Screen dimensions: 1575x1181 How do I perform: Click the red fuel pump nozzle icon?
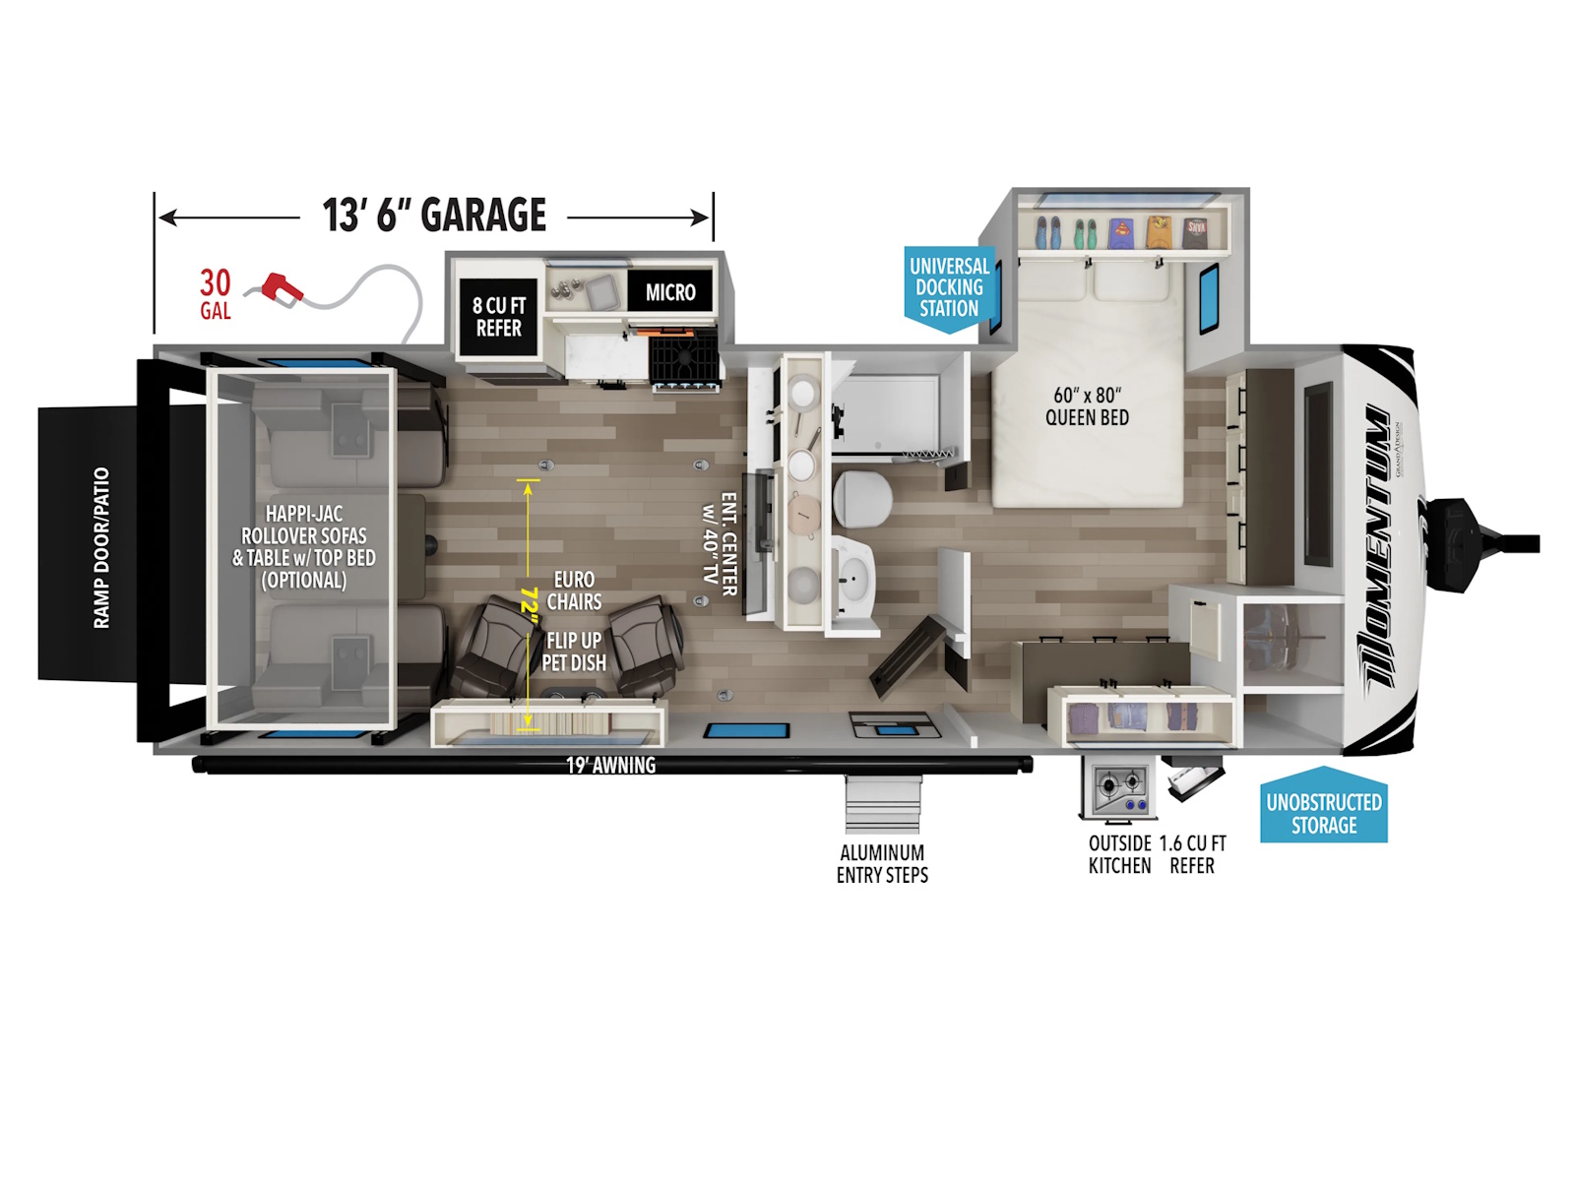282,289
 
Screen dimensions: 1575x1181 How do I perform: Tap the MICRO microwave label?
670,292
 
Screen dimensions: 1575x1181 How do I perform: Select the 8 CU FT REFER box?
499,317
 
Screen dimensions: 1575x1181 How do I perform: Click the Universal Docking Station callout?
949,288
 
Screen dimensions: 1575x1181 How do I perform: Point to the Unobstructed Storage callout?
1323,805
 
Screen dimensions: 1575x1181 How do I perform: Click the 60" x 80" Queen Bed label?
1087,405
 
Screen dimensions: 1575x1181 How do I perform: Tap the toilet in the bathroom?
861,498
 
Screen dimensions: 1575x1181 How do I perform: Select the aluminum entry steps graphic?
882,804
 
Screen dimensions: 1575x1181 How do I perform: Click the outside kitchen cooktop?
1118,789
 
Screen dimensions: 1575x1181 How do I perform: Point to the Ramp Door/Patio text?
101,548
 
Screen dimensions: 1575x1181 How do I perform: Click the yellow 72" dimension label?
530,599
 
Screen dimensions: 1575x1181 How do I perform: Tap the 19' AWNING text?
610,765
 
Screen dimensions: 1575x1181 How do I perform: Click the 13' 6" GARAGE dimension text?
434,216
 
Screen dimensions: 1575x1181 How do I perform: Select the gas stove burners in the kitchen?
684,358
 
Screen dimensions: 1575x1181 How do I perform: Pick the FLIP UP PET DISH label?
573,652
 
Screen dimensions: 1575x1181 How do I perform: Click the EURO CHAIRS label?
574,590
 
